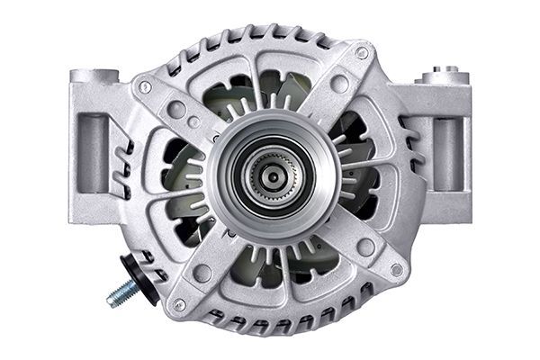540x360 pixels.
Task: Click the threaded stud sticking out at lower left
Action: [121, 293]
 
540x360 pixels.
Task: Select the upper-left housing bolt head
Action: [145, 87]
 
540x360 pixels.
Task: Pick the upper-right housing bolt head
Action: [362, 53]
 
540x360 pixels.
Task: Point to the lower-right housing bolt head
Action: [396, 269]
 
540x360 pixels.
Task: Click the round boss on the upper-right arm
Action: [339, 84]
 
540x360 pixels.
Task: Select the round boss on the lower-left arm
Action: [203, 273]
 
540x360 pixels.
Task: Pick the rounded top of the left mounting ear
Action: [96, 76]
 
